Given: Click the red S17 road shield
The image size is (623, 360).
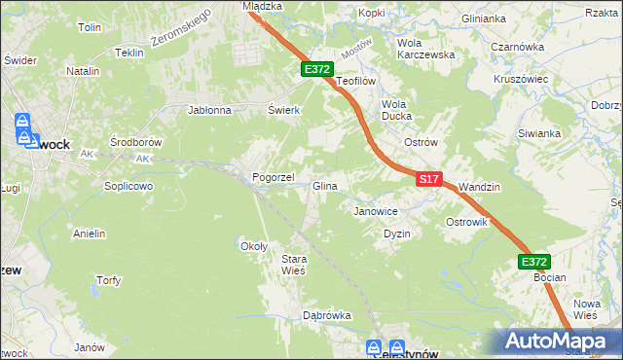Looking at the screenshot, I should [430, 179].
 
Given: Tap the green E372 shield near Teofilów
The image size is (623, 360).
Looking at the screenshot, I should [317, 69].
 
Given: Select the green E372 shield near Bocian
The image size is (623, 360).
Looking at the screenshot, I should [533, 262].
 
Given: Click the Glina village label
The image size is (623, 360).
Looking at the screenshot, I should [324, 186].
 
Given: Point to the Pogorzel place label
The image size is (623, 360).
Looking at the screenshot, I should [273, 179].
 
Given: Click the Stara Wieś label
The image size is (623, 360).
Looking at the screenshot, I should [294, 264].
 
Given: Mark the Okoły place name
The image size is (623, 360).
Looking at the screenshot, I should [254, 246].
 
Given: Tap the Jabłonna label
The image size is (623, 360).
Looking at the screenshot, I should [209, 110].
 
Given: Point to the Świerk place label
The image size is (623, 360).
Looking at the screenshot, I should [283, 110].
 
